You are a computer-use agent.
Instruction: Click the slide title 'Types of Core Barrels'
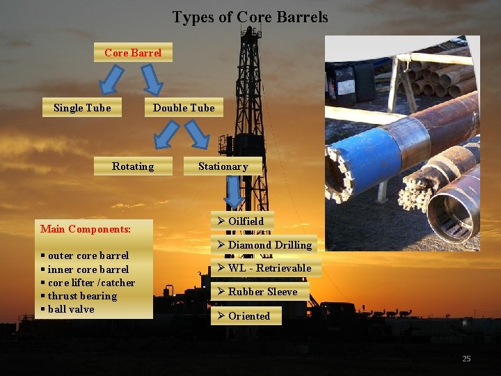pyautogui.click(x=250, y=17)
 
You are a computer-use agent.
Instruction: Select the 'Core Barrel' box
pyautogui.click(x=133, y=53)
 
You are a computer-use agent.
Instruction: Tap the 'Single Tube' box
pyautogui.click(x=82, y=108)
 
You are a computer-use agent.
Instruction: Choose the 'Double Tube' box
pyautogui.click(x=184, y=108)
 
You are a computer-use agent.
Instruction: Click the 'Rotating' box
pyautogui.click(x=133, y=166)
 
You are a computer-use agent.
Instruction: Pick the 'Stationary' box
pyautogui.click(x=223, y=166)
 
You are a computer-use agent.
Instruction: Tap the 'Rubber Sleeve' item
pyautogui.click(x=257, y=292)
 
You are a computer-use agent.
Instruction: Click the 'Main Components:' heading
pyautogui.click(x=86, y=229)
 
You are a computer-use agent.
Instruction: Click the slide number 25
pyautogui.click(x=466, y=359)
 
